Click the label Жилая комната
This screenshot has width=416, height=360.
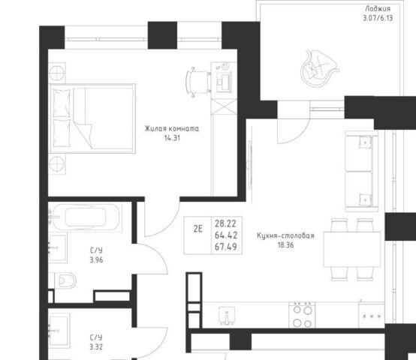pos(172,129)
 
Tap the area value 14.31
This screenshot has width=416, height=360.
pos(172,138)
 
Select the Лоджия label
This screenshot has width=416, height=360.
pos(378,9)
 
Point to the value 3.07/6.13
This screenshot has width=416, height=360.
pos(378,18)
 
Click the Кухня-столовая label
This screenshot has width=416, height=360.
pos(285,235)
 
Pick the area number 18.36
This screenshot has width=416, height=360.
pos(285,245)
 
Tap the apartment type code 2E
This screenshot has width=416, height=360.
pos(198,229)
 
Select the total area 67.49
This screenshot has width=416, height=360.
pos(226,247)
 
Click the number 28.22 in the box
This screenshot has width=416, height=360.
pos(225,223)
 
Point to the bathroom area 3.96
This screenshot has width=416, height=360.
pos(96,259)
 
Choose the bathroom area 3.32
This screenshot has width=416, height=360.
pos(96,346)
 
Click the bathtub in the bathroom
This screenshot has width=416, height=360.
pos(86,217)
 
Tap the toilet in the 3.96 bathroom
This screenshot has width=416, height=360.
pos(65,280)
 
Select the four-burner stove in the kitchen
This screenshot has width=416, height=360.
pos(302,315)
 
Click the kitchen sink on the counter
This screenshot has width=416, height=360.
pos(227,316)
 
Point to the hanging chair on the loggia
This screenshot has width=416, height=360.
pos(319,68)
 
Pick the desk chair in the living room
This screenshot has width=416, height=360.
pos(198,82)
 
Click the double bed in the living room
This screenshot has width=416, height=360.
pos(92,118)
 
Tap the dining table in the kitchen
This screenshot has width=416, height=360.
pos(352,249)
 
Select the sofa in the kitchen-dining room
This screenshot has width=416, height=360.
pos(362,171)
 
